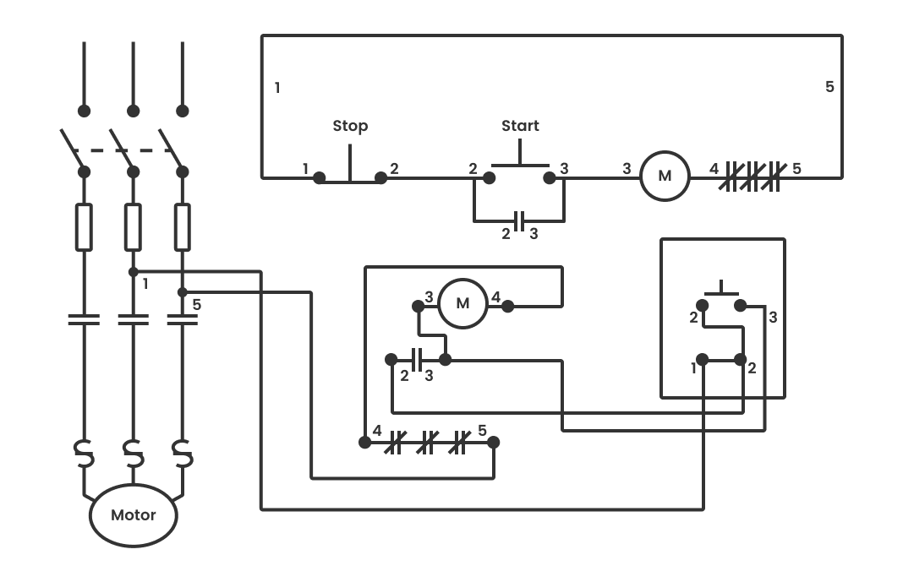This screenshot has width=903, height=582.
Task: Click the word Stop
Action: [x=349, y=126]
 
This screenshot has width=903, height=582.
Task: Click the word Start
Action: [x=520, y=126]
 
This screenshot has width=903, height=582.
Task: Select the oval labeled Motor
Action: [x=134, y=514]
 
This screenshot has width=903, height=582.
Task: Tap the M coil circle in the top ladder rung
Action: [x=665, y=177]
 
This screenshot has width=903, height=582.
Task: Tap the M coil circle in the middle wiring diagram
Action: [x=462, y=303]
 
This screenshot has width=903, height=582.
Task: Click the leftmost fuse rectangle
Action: [x=84, y=227]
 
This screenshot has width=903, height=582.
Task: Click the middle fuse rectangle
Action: [x=133, y=227]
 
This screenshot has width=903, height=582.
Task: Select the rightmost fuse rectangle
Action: [x=182, y=227]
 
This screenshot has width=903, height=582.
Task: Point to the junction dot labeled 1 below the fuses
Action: [x=133, y=272]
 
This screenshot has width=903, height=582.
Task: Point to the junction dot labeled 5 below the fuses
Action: [x=182, y=292]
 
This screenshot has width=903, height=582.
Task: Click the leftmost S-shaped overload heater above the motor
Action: [x=84, y=454]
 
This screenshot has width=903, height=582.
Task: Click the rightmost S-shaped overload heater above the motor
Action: [x=183, y=454]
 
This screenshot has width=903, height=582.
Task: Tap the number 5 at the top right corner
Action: [x=829, y=87]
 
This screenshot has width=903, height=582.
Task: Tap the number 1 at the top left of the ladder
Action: [x=277, y=87]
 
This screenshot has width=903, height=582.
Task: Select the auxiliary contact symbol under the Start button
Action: [x=520, y=221]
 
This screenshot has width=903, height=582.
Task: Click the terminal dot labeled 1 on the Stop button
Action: [x=320, y=177]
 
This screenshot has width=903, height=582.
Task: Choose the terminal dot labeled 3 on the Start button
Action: [x=550, y=177]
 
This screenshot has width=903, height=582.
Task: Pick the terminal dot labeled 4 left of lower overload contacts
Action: [x=365, y=442]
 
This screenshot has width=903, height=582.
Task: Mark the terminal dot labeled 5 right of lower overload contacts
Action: [x=495, y=442]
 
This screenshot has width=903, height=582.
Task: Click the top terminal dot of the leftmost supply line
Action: [x=84, y=111]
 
